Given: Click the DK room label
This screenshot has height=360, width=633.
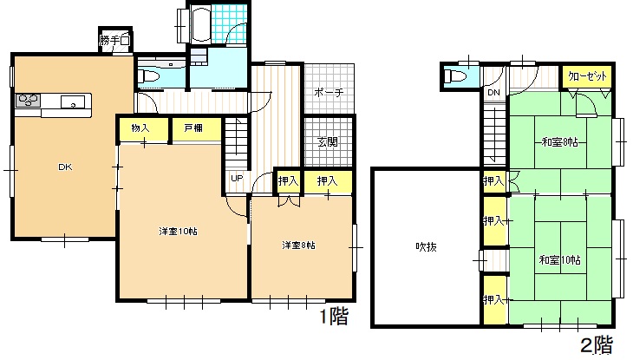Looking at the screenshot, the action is tap(65, 167).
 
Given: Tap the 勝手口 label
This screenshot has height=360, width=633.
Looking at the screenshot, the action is tap(114, 41).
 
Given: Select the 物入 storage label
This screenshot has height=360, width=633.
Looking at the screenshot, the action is tap(140, 128).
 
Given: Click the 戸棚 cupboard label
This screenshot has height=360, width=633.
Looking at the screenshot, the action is tap(193, 128).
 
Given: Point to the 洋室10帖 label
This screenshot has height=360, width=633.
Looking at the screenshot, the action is tap(178, 232).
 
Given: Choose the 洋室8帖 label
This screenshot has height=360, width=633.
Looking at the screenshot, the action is tap(299, 245).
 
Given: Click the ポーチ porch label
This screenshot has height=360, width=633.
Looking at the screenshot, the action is tap(329, 93).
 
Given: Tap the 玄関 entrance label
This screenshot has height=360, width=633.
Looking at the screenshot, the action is tap(328, 141).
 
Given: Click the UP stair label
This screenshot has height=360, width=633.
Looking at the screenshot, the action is tap(237, 178).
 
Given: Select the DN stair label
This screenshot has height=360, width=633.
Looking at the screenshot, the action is tap(493, 93).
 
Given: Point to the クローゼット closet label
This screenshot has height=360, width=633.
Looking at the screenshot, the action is tap(587, 76).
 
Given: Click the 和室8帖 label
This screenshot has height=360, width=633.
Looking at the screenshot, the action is tap(559, 142).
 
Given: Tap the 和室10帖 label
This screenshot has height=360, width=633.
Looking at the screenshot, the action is tap(559, 259).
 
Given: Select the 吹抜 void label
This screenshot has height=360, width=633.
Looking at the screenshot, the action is tap(427, 247).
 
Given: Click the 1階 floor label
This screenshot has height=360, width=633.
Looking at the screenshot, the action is tap(334, 317).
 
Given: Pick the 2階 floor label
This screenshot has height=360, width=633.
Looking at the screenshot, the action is tap(597, 345).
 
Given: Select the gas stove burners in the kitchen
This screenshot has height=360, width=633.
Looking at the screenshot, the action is tap(28, 101).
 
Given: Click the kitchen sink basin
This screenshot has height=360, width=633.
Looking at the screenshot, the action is tap(73, 101).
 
